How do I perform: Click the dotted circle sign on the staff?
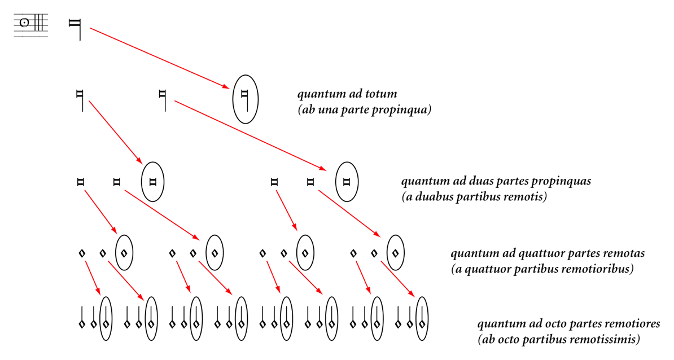tap(24, 23)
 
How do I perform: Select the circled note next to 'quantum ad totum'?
tap(245, 99)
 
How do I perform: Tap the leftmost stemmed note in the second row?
tap(80, 100)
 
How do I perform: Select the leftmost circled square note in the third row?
tap(152, 182)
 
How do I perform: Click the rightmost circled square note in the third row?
tap(347, 182)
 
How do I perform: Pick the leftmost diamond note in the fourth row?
tap(82, 253)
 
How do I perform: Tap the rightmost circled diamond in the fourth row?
tap(396, 253)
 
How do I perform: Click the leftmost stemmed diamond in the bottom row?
tap(82, 317)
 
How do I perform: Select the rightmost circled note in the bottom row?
tap(422, 318)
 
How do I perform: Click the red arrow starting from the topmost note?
tap(160, 58)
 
